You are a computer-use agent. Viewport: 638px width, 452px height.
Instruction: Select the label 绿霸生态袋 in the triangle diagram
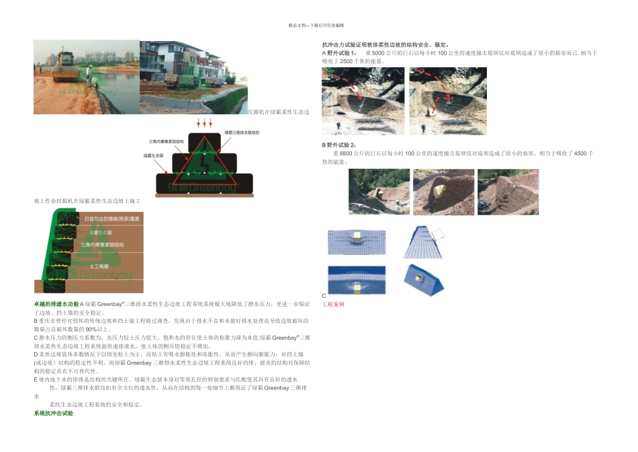tap(153, 155)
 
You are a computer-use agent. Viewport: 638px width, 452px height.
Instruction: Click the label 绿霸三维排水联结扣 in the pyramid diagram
tap(242, 133)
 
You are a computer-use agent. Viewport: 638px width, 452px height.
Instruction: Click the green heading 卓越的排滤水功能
tap(56, 304)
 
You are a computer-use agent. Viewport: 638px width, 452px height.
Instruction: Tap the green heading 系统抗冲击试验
tap(53, 412)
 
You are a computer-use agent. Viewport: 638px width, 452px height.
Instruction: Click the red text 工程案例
tap(333, 304)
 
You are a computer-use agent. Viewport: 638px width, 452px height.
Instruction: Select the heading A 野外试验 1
tap(339, 52)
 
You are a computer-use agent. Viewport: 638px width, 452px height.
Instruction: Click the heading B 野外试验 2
tap(339, 145)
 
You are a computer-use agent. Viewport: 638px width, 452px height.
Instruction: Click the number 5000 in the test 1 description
tap(378, 52)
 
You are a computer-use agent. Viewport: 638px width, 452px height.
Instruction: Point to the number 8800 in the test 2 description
tap(346, 153)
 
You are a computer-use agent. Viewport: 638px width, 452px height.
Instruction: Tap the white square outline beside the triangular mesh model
tap(437, 235)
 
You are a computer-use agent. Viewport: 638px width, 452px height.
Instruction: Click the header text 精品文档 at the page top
tap(300, 26)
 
